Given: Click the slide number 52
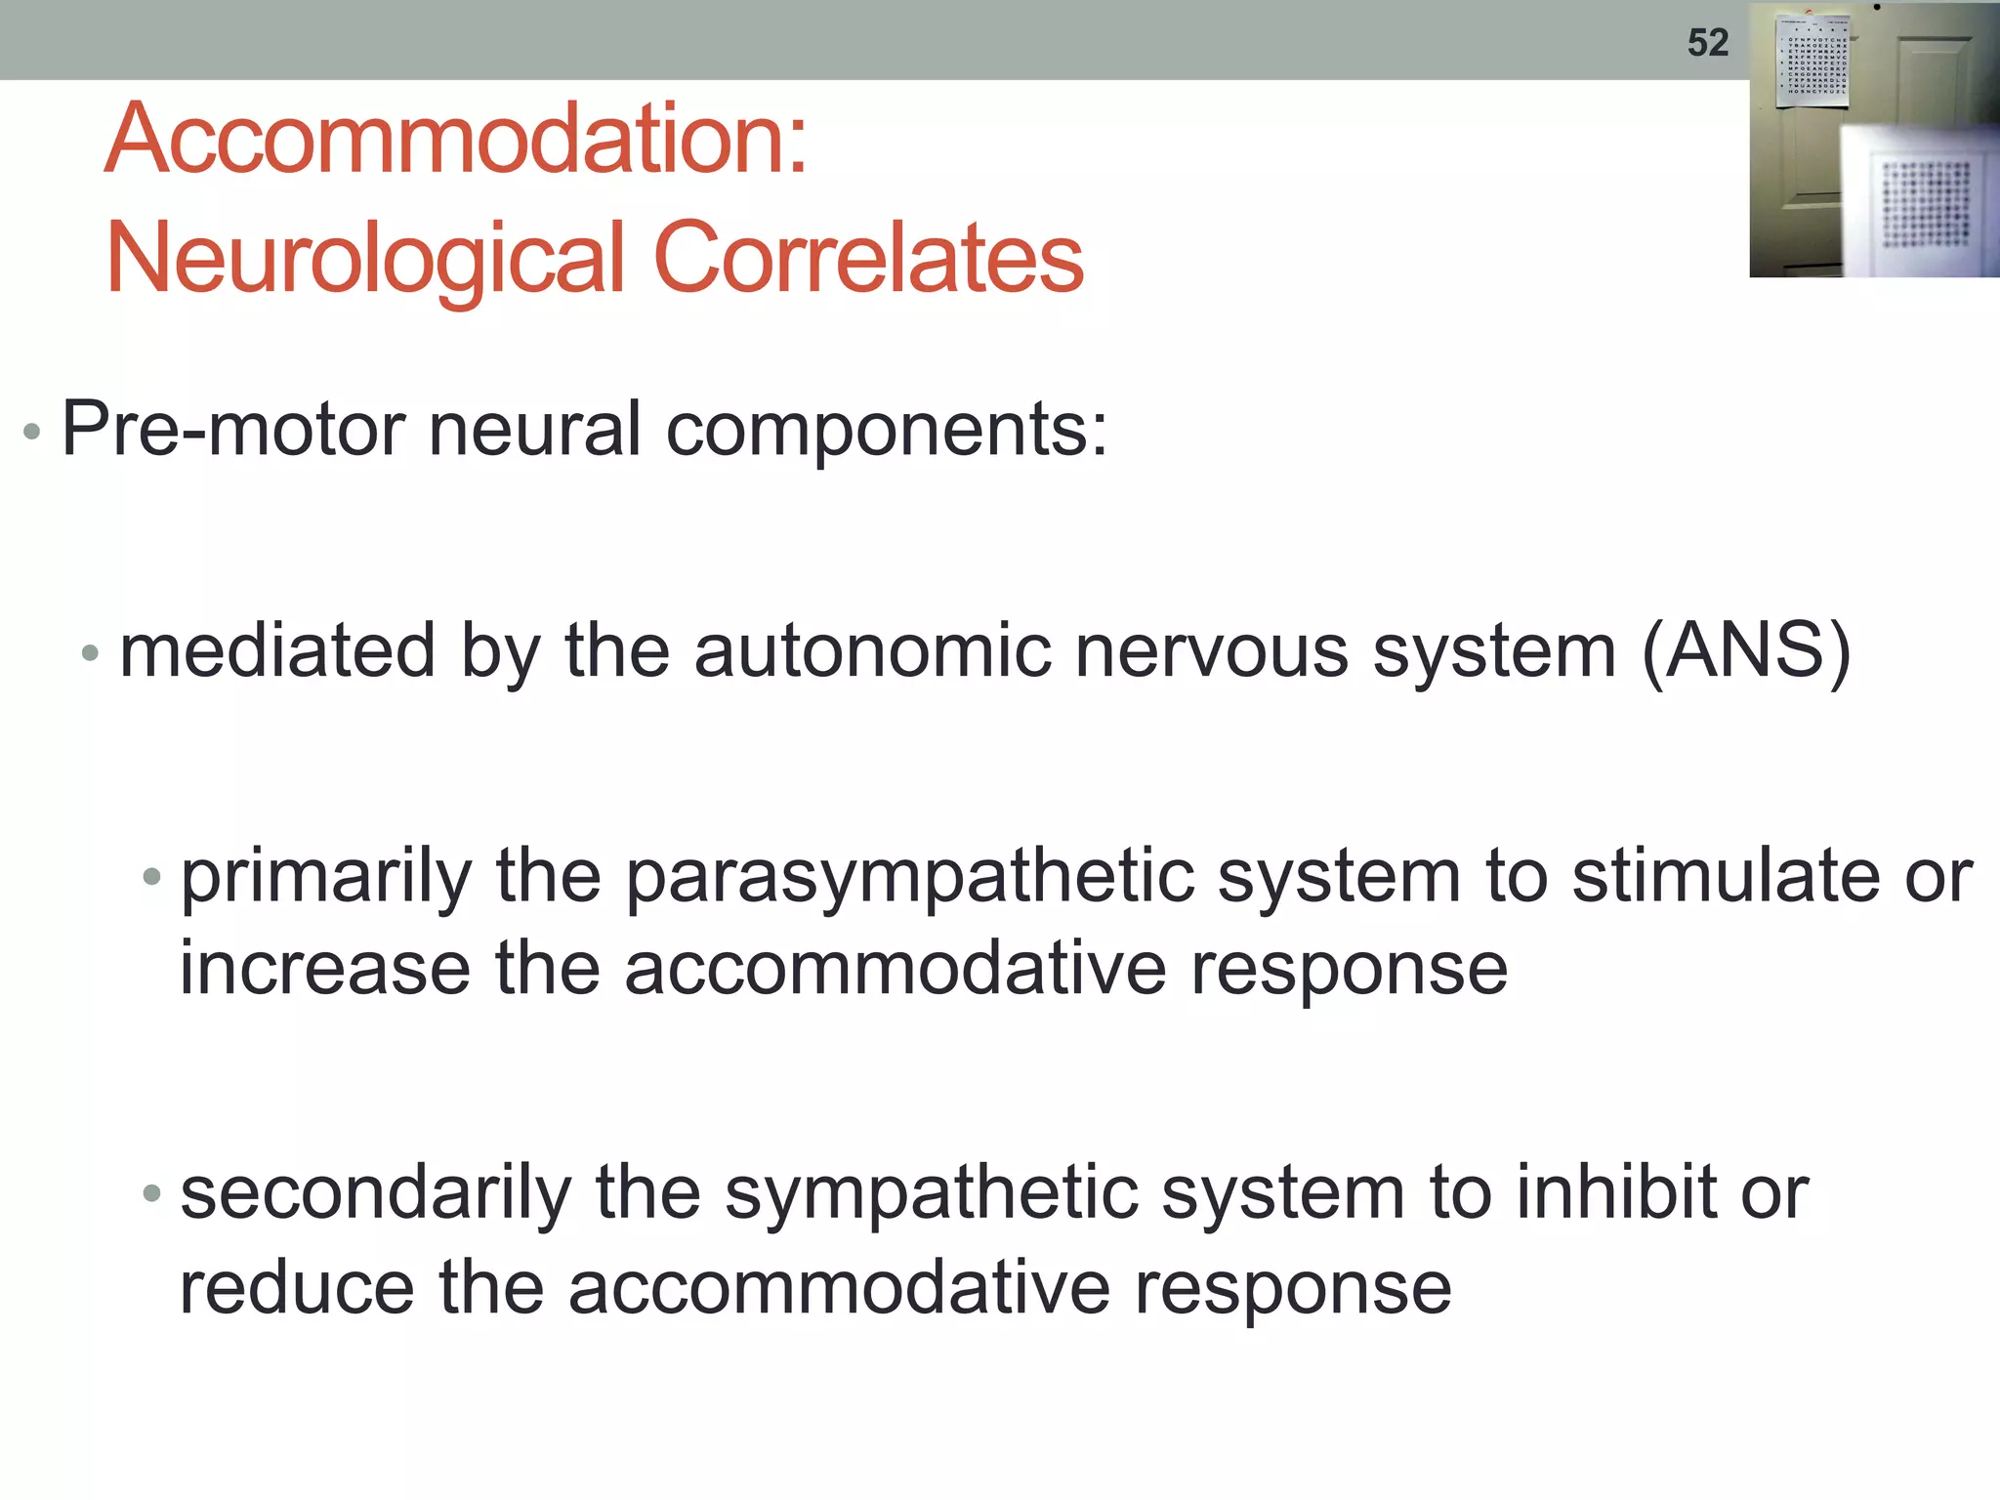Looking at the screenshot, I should (x=1707, y=43).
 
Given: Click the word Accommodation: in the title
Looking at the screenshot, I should (x=456, y=140).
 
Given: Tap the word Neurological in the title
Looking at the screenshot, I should (x=364, y=259).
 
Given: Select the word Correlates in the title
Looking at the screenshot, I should (x=868, y=257).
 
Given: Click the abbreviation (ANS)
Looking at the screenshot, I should (x=1746, y=651).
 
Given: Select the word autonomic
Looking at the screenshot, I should (x=872, y=651).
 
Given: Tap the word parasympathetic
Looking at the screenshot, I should (x=909, y=878).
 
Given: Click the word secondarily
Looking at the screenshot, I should (x=376, y=1194).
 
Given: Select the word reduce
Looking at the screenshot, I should (x=297, y=1287).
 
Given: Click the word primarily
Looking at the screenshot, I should (x=326, y=878).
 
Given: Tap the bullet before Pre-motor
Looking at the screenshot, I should (x=32, y=432).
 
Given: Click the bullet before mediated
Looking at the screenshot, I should (x=90, y=653).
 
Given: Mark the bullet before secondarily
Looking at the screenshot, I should (x=150, y=1193).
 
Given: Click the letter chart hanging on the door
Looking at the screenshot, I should (x=1812, y=61).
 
